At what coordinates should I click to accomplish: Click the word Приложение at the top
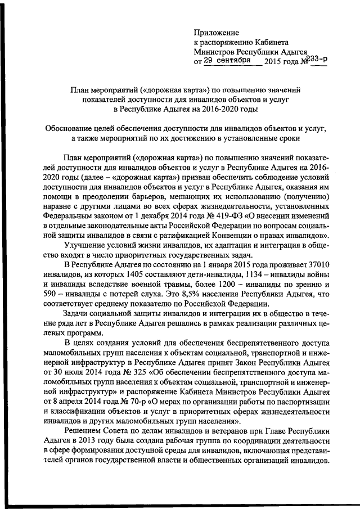(x=217, y=33)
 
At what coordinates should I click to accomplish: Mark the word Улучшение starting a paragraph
(x=86, y=244)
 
